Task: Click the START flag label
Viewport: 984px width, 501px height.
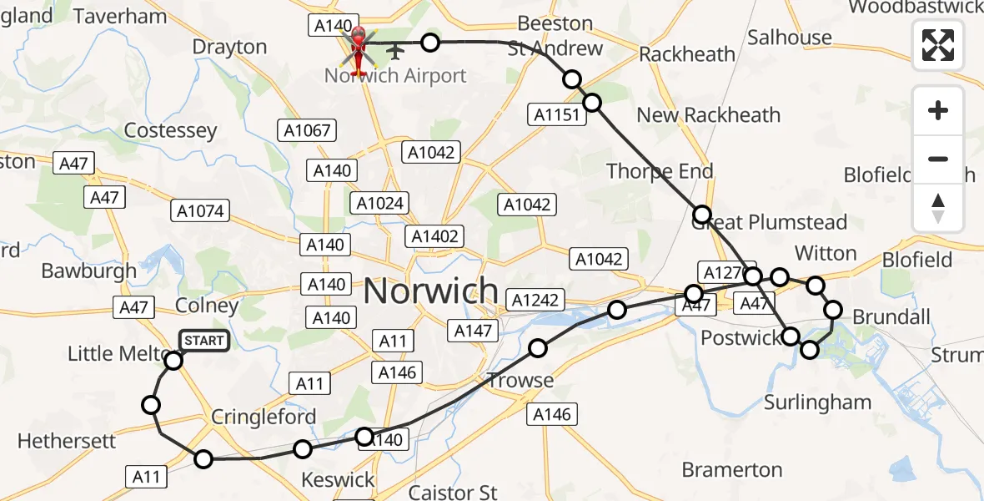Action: click(203, 340)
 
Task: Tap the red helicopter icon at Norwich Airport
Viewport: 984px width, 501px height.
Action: click(359, 48)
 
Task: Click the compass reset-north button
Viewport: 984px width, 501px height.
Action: click(938, 208)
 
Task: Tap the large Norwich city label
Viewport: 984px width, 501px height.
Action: click(431, 292)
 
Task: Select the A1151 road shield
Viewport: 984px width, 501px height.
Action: click(556, 115)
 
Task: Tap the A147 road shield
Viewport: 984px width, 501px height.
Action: click(473, 331)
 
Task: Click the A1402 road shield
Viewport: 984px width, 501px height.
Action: click(435, 236)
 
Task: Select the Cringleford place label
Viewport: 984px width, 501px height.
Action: click(264, 417)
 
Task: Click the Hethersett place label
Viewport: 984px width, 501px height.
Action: click(67, 440)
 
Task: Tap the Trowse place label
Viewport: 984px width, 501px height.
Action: click(520, 381)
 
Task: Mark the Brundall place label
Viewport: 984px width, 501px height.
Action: click(891, 316)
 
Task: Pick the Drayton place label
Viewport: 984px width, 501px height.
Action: click(229, 47)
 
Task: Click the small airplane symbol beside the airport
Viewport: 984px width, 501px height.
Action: click(394, 53)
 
